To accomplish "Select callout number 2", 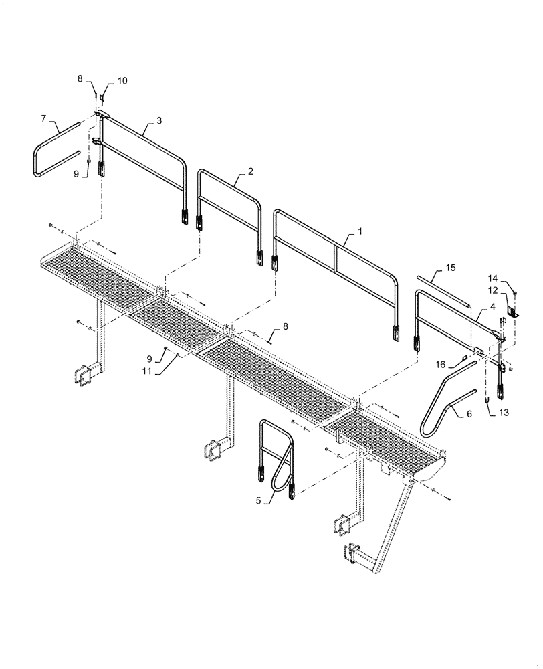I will (x=250, y=171).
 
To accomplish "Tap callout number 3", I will (x=158, y=120).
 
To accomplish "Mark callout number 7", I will (x=43, y=118).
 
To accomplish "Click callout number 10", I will (x=122, y=80).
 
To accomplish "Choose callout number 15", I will (x=451, y=268).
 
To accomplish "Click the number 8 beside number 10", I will (x=80, y=78).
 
